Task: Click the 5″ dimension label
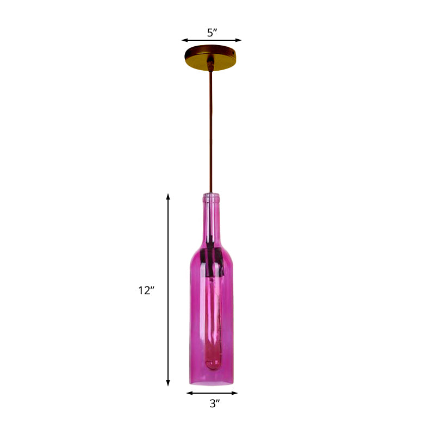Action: (212, 32)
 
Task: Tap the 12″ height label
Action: (146, 290)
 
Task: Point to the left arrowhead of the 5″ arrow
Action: (184, 40)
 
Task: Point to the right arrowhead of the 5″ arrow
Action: (239, 40)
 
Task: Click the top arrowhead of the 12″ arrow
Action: (168, 196)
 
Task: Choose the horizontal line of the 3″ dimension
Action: (212, 393)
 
